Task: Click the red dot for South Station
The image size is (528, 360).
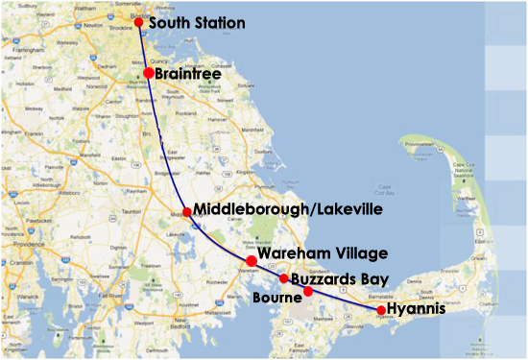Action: pyautogui.click(x=139, y=22)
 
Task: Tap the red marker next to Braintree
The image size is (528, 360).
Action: pyautogui.click(x=149, y=73)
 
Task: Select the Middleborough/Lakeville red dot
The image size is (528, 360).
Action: pyautogui.click(x=187, y=211)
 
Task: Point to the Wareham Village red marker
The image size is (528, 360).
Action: pyautogui.click(x=252, y=260)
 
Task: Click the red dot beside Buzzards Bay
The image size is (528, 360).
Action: pyautogui.click(x=284, y=278)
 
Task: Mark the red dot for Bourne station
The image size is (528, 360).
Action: pyautogui.click(x=308, y=291)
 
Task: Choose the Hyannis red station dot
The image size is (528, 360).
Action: pyautogui.click(x=381, y=310)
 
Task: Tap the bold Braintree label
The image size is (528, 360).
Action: pyautogui.click(x=190, y=73)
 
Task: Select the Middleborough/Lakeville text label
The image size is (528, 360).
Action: pyautogui.click(x=288, y=209)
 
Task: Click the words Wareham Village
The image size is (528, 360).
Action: pyautogui.click(x=323, y=252)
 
